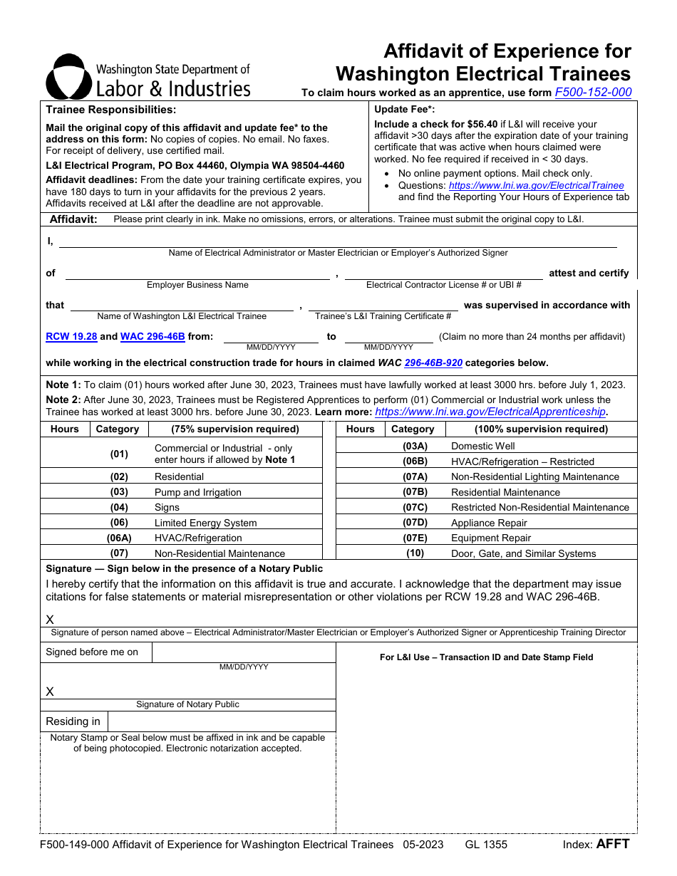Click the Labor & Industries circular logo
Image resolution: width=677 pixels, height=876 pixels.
pyautogui.click(x=68, y=77)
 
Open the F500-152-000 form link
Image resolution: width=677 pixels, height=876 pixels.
pyautogui.click(x=593, y=93)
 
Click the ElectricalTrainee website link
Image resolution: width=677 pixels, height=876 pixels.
pyautogui.click(x=536, y=185)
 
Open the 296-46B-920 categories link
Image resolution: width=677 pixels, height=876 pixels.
pyautogui.click(x=433, y=363)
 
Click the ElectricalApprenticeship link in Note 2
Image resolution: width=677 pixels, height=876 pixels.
pyautogui.click(x=490, y=412)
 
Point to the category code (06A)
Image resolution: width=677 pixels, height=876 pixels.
pyautogui.click(x=119, y=538)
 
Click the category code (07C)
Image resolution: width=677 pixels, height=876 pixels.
pyautogui.click(x=415, y=508)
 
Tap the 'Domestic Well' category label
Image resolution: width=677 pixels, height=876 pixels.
pyautogui.click(x=482, y=447)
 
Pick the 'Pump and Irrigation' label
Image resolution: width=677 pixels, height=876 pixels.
pyautogui.click(x=197, y=493)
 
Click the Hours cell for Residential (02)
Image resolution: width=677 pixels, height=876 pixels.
pyautogui.click(x=65, y=477)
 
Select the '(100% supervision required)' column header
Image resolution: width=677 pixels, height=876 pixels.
pyautogui.click(x=541, y=429)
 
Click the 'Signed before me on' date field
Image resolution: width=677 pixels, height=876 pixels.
pyautogui.click(x=244, y=652)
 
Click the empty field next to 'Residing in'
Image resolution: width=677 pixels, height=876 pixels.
pyautogui.click(x=222, y=721)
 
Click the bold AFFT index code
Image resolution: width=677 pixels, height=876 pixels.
pyautogui.click(x=613, y=845)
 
